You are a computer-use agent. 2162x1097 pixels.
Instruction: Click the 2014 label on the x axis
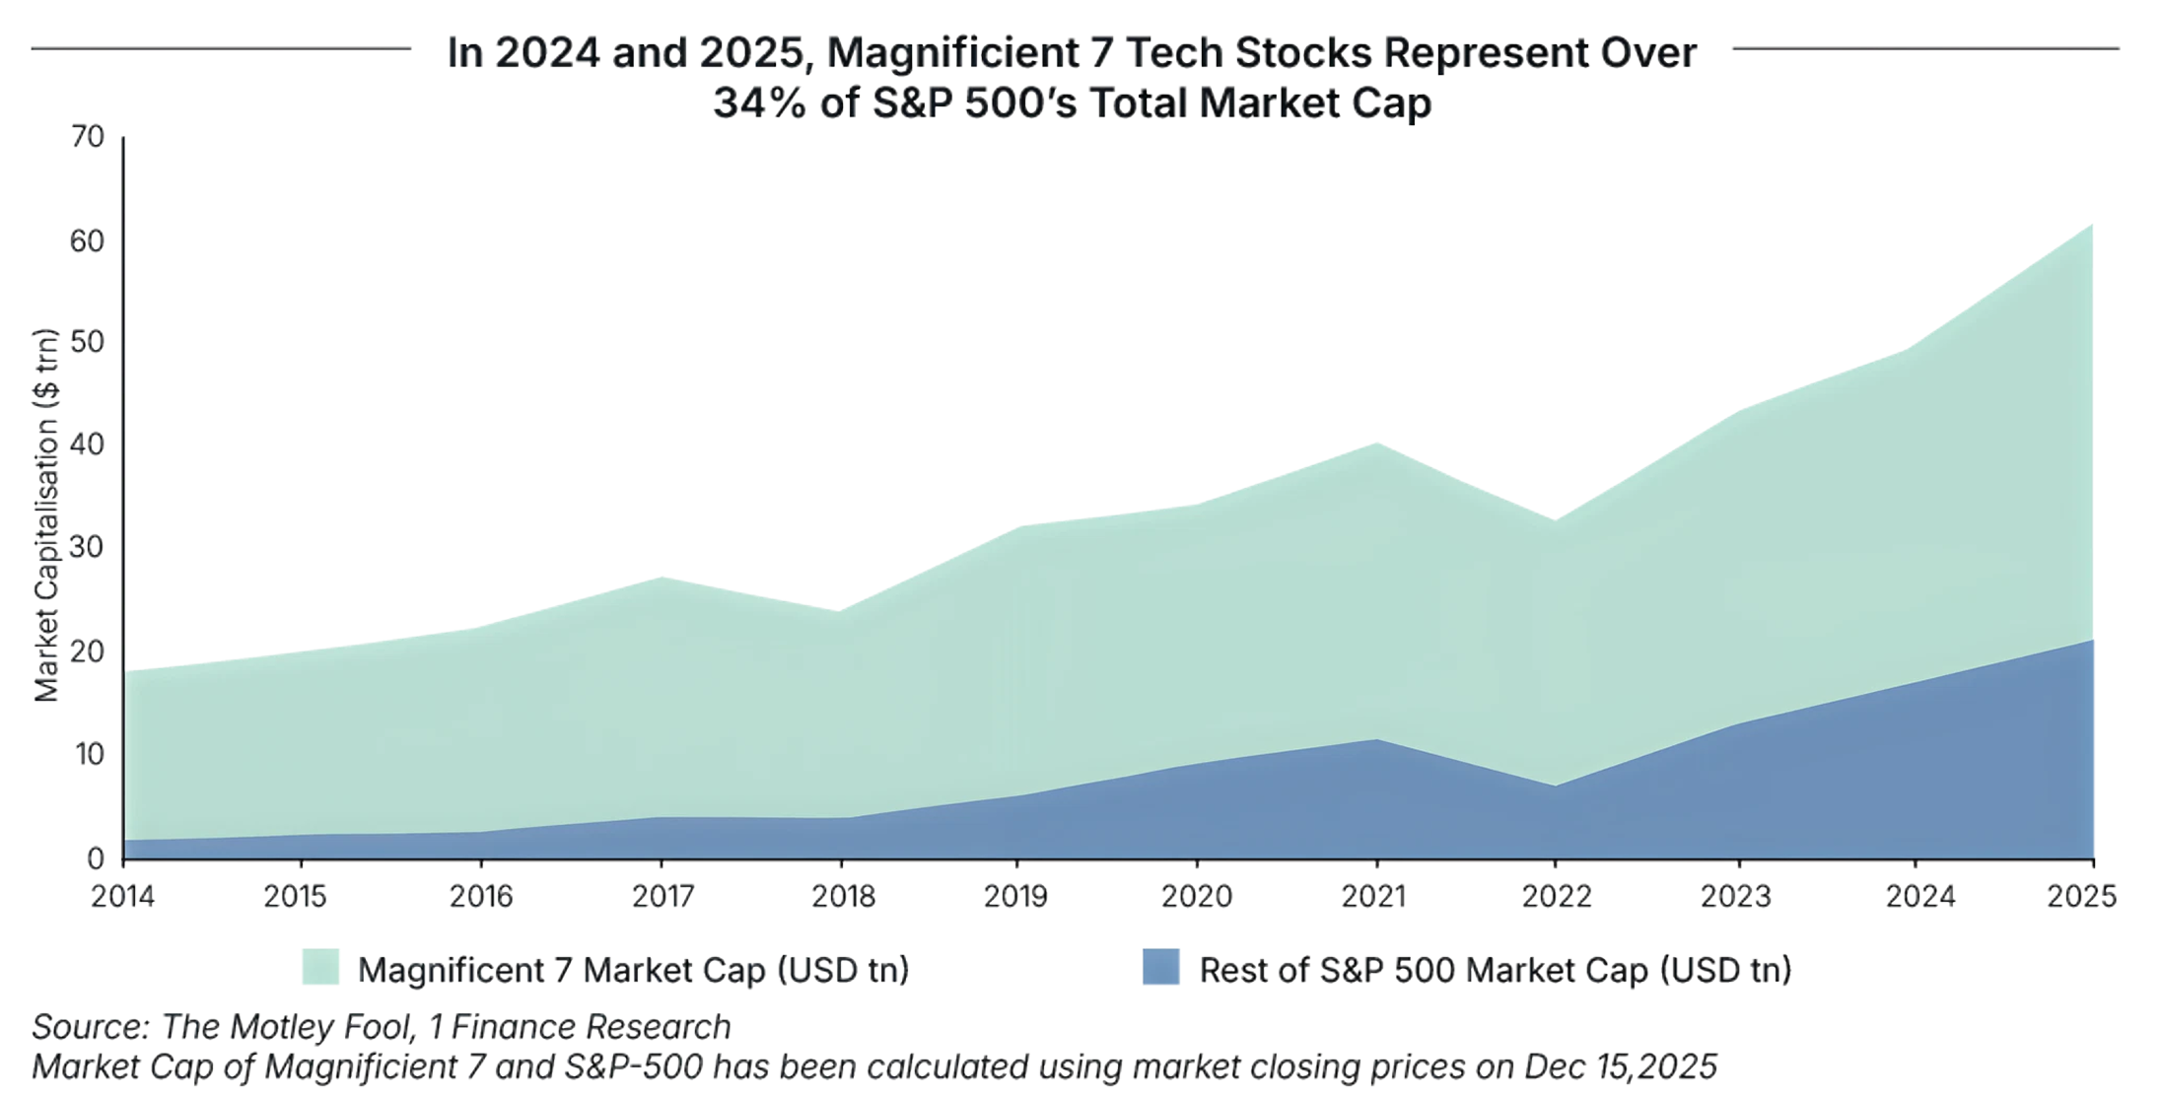pyautogui.click(x=122, y=897)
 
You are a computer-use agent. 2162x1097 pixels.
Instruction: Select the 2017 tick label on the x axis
pyautogui.click(x=661, y=897)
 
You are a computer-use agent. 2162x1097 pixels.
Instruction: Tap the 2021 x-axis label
pyautogui.click(x=1376, y=897)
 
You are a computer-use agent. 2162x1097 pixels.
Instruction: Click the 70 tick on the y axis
pyautogui.click(x=88, y=138)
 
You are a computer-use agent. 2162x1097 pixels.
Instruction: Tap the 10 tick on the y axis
pyautogui.click(x=88, y=755)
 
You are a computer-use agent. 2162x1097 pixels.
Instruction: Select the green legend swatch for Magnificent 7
pyautogui.click(x=321, y=967)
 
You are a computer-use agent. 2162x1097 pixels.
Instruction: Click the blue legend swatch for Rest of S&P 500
pyautogui.click(x=1160, y=967)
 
